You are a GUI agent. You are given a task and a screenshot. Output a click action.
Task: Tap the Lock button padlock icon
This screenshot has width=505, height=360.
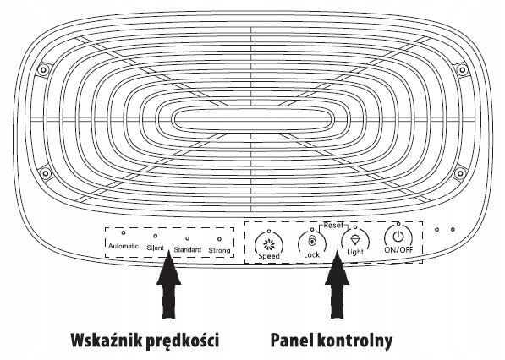[x=312, y=241]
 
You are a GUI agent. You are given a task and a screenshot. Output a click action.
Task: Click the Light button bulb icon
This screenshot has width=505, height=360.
[x=355, y=239]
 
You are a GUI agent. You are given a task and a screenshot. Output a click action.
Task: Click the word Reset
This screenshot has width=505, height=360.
[x=333, y=225]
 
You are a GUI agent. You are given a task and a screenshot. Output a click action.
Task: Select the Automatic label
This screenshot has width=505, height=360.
[x=124, y=246]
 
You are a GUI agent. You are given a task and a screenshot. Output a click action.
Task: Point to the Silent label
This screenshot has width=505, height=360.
[x=156, y=248]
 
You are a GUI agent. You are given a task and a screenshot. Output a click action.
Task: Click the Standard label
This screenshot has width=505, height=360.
[x=188, y=249]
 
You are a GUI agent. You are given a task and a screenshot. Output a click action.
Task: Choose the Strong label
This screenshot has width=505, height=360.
[x=219, y=250]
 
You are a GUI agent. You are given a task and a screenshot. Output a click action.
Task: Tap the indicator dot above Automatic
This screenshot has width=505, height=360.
[x=124, y=232]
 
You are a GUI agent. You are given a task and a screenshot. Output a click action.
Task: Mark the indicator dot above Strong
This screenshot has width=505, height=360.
[x=219, y=239]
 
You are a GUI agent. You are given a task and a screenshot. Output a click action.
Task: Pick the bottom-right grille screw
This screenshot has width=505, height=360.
[x=460, y=174]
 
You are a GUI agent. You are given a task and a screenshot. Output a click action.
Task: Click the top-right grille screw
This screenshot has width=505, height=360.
[x=462, y=69]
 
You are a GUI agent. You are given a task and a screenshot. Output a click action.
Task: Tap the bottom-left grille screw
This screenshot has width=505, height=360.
[x=46, y=174]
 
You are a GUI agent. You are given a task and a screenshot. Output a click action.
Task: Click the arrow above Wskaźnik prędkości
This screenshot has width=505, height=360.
[x=169, y=285]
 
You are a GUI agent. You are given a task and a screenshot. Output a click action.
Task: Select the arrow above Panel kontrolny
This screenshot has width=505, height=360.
[x=338, y=285]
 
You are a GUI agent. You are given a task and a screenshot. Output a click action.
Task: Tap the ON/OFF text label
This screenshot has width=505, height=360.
[x=398, y=249]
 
